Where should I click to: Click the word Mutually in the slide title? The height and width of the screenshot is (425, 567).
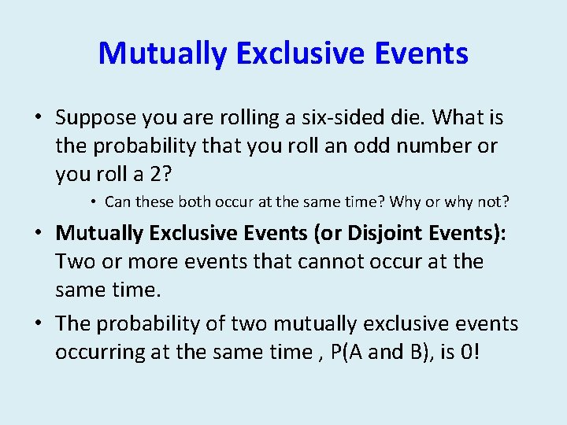coord(161,54)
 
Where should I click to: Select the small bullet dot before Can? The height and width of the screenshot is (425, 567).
coord(93,202)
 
